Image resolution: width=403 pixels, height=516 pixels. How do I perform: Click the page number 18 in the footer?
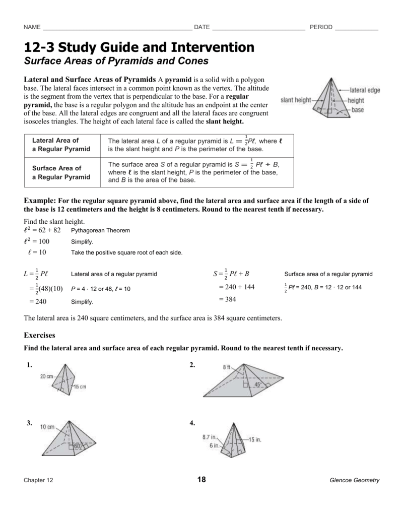pyautogui.click(x=202, y=480)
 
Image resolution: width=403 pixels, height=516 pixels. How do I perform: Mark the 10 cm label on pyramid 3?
pyautogui.click(x=47, y=427)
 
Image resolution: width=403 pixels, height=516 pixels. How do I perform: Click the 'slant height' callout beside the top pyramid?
pyautogui.click(x=296, y=100)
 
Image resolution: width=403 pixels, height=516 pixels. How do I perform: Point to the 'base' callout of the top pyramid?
pyautogui.click(x=358, y=110)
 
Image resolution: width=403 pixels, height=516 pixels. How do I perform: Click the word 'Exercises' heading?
pyautogui.click(x=39, y=335)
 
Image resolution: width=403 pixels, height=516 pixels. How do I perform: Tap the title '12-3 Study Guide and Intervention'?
pyautogui.click(x=139, y=48)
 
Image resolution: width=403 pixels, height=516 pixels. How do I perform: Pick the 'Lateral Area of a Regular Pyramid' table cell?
pyautogui.click(x=61, y=145)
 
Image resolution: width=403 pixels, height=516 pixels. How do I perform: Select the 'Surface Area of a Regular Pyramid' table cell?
pyautogui.click(x=61, y=172)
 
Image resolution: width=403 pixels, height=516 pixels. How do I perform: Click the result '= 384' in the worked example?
pyautogui.click(x=227, y=299)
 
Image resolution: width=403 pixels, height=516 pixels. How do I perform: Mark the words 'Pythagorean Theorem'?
pyautogui.click(x=100, y=230)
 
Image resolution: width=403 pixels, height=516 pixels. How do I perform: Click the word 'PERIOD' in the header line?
pyautogui.click(x=321, y=27)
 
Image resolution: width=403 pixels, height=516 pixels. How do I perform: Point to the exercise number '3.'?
pyautogui.click(x=30, y=423)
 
